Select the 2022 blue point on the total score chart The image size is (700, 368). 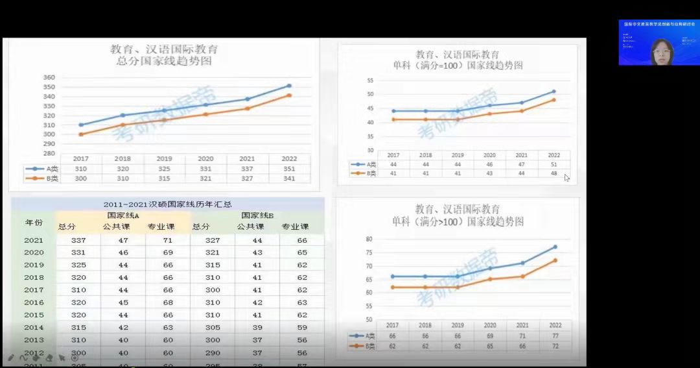289,86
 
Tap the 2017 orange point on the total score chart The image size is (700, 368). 81,134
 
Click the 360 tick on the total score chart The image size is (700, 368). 49,78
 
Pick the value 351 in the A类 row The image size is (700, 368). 289,169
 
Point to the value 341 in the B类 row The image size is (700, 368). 289,178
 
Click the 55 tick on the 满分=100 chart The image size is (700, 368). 370,80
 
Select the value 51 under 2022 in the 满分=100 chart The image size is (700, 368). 554,165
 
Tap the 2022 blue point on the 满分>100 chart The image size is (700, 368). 555,247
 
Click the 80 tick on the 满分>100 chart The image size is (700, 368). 369,239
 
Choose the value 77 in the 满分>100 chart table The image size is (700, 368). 555,336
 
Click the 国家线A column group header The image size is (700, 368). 123,215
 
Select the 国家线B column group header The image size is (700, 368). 257,215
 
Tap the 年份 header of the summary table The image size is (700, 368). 34,222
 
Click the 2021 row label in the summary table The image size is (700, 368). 34,240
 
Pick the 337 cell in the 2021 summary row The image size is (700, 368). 78,240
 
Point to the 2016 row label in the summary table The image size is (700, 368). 34,302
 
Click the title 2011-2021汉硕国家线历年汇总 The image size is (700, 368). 168,204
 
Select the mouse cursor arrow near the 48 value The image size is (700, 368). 566,177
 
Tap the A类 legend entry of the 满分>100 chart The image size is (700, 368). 363,336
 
